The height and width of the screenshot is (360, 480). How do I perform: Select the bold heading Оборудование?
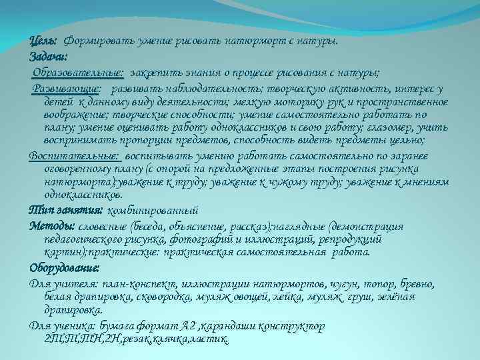pos(64,269)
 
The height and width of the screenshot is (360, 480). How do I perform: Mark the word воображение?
pos(69,114)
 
